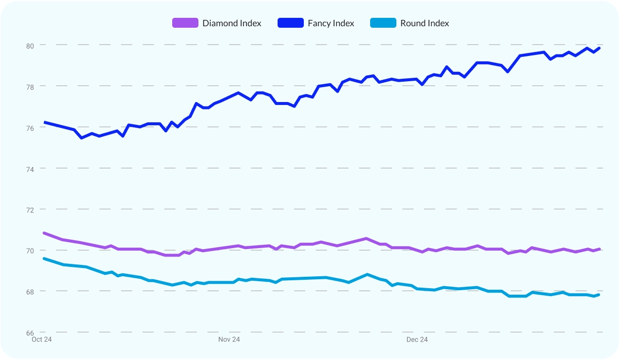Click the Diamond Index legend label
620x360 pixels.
tap(232, 23)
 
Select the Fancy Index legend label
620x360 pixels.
tap(331, 23)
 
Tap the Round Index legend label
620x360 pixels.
tap(425, 23)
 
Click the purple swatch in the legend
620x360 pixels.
tap(185, 23)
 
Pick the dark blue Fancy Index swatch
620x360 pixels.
tap(290, 23)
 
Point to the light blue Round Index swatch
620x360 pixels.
tap(383, 23)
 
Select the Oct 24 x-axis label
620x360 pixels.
tap(42, 340)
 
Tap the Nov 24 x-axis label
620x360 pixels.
tap(229, 340)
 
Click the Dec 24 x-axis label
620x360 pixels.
tap(417, 340)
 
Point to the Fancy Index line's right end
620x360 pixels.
tap(599, 48)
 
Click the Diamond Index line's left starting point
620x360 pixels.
tap(45, 233)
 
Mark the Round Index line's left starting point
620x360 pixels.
tap(45, 258)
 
